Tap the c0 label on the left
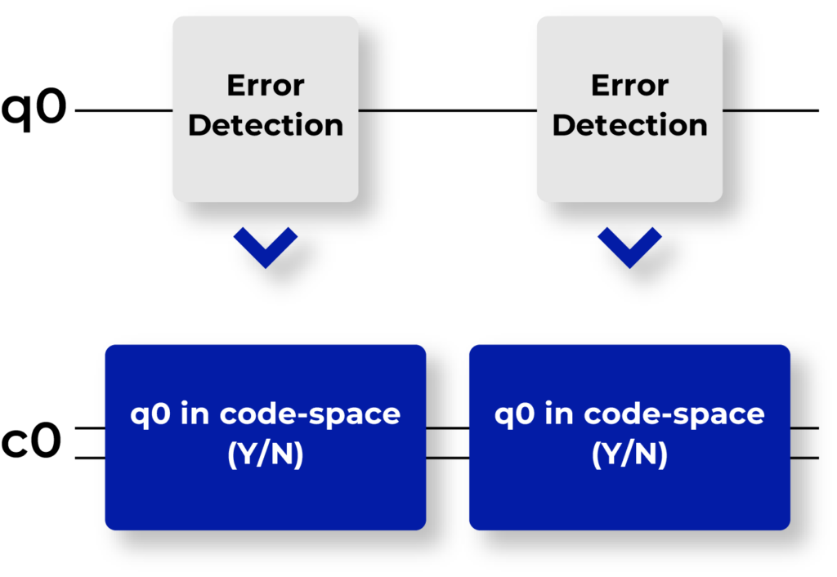31,441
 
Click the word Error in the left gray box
266,85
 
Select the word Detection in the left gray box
266,125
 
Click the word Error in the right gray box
629,85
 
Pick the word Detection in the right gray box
629,125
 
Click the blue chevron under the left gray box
266,247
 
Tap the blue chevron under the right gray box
629,247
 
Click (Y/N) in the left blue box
266,454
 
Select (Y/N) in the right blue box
629,454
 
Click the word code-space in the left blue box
310,414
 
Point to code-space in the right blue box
674,414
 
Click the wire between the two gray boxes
447,110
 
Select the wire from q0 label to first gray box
124,110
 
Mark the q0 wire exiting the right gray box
770,110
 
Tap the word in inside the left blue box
195,414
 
